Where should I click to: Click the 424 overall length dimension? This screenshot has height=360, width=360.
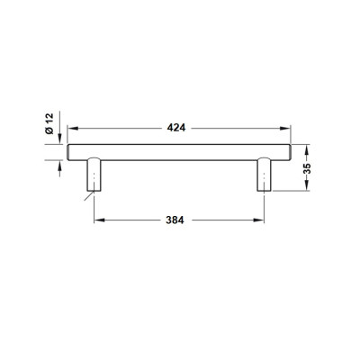pos(176,128)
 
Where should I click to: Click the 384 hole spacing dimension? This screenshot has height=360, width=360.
pos(175,220)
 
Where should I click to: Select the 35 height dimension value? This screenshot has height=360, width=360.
pos(307,168)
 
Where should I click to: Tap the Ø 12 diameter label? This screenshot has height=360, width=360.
pos(49,123)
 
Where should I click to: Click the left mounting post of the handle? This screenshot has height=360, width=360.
pos(94,175)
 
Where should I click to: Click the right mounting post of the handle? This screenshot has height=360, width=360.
pos(264,175)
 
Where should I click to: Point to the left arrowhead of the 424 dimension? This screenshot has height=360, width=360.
pos(73,129)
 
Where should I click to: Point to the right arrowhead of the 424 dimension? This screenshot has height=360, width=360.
pos(284,129)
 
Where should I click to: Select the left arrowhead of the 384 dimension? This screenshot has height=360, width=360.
pos(99,220)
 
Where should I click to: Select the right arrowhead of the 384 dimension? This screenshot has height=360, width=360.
pos(258,220)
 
